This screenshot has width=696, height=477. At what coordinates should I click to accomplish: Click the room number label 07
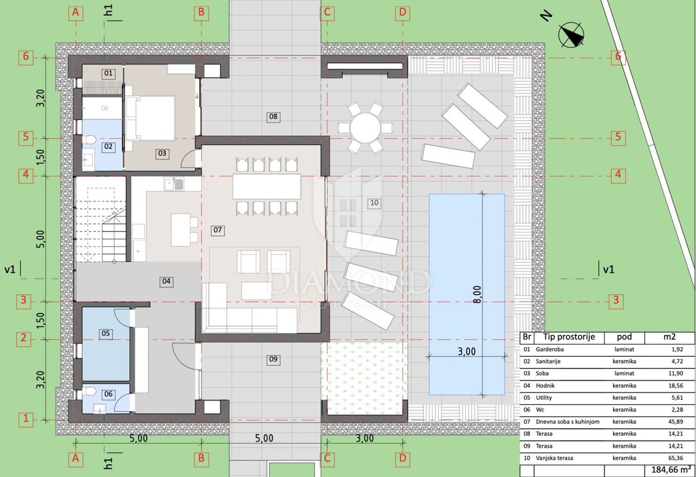point(217,230)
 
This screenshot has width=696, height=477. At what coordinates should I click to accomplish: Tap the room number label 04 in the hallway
point(166,281)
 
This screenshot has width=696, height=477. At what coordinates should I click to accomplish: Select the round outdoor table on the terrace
point(365,128)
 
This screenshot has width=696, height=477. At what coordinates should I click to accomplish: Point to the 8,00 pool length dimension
point(477,294)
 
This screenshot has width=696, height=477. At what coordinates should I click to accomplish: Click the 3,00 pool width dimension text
point(467,352)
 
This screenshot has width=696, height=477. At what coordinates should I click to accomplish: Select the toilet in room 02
point(90,140)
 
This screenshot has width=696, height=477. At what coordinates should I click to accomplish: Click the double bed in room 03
point(150,118)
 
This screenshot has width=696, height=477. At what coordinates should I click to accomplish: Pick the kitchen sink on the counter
point(174,184)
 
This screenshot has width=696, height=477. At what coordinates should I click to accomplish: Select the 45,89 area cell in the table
point(676,422)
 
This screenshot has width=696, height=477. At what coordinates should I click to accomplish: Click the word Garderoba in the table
point(550,349)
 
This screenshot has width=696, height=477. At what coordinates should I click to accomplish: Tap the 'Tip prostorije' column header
point(569,337)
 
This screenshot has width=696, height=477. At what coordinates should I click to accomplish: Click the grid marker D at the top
point(403,12)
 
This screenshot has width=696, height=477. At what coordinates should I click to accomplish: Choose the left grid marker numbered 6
point(26,57)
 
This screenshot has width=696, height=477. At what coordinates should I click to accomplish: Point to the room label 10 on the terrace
point(374,203)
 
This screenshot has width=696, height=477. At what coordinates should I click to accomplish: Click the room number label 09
point(273,359)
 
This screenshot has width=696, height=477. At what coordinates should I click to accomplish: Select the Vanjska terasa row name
point(554,458)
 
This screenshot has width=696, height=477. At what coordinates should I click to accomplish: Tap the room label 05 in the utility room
point(106,333)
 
